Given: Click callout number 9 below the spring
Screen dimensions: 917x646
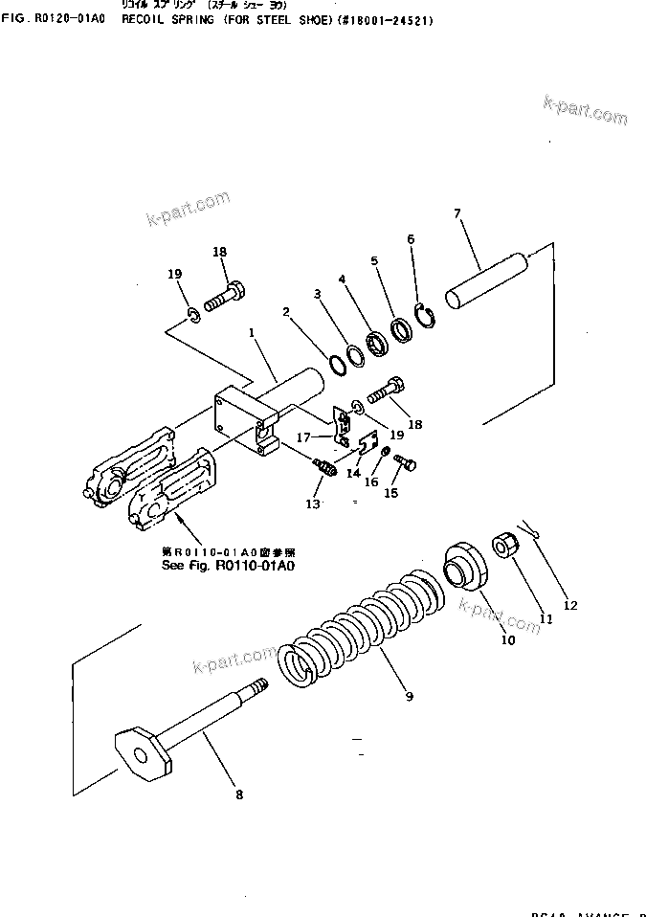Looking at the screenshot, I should click(409, 696).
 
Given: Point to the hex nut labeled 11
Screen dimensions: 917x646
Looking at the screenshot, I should click(506, 549).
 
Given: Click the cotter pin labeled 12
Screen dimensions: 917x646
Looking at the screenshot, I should click(531, 526).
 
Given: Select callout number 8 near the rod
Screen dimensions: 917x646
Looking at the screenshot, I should click(238, 794).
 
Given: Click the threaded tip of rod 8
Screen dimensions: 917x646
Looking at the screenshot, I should click(259, 686).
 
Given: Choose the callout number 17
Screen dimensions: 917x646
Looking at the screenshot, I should click(304, 437).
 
